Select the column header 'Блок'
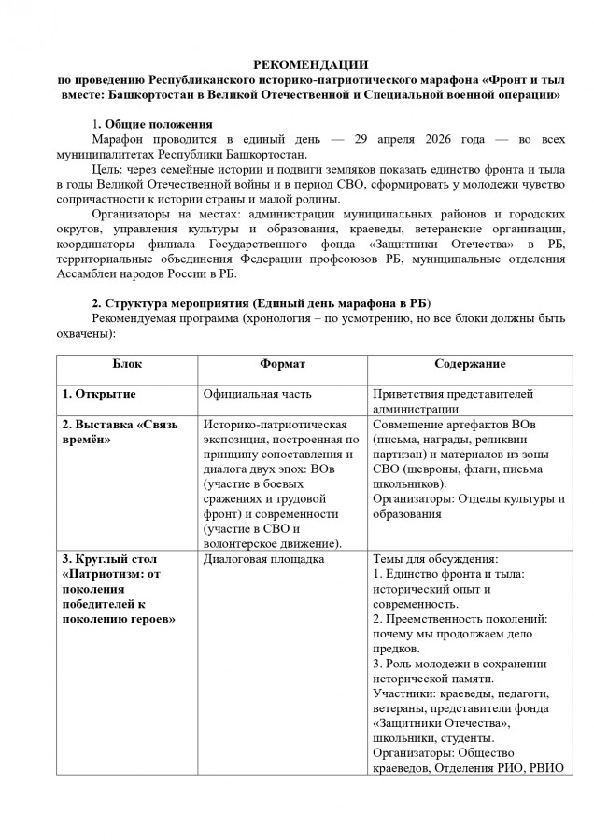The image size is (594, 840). tap(126, 362)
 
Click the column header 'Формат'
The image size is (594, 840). tap(281, 362)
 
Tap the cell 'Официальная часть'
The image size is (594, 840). tap(259, 394)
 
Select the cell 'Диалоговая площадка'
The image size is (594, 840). tap(263, 559)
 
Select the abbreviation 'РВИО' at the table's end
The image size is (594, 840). tap(549, 768)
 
